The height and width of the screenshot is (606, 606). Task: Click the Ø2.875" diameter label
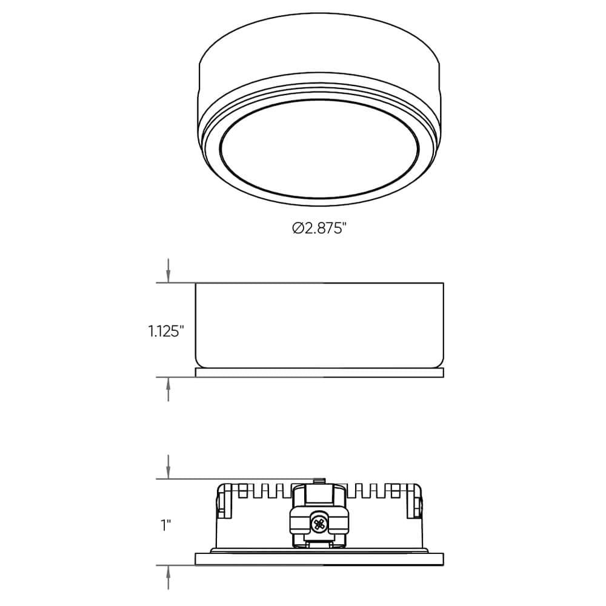pyautogui.click(x=319, y=228)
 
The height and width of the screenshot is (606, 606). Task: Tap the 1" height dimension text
pyautogui.click(x=165, y=525)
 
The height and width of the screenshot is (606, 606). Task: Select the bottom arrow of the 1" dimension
pyautogui.click(x=168, y=576)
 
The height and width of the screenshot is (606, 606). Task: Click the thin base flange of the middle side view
pyautogui.click(x=319, y=373)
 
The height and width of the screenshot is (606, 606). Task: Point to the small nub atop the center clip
pyautogui.click(x=319, y=481)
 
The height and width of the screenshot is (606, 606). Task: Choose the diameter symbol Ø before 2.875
pyautogui.click(x=298, y=228)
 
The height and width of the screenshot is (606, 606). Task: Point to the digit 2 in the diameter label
pyautogui.click(x=308, y=228)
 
